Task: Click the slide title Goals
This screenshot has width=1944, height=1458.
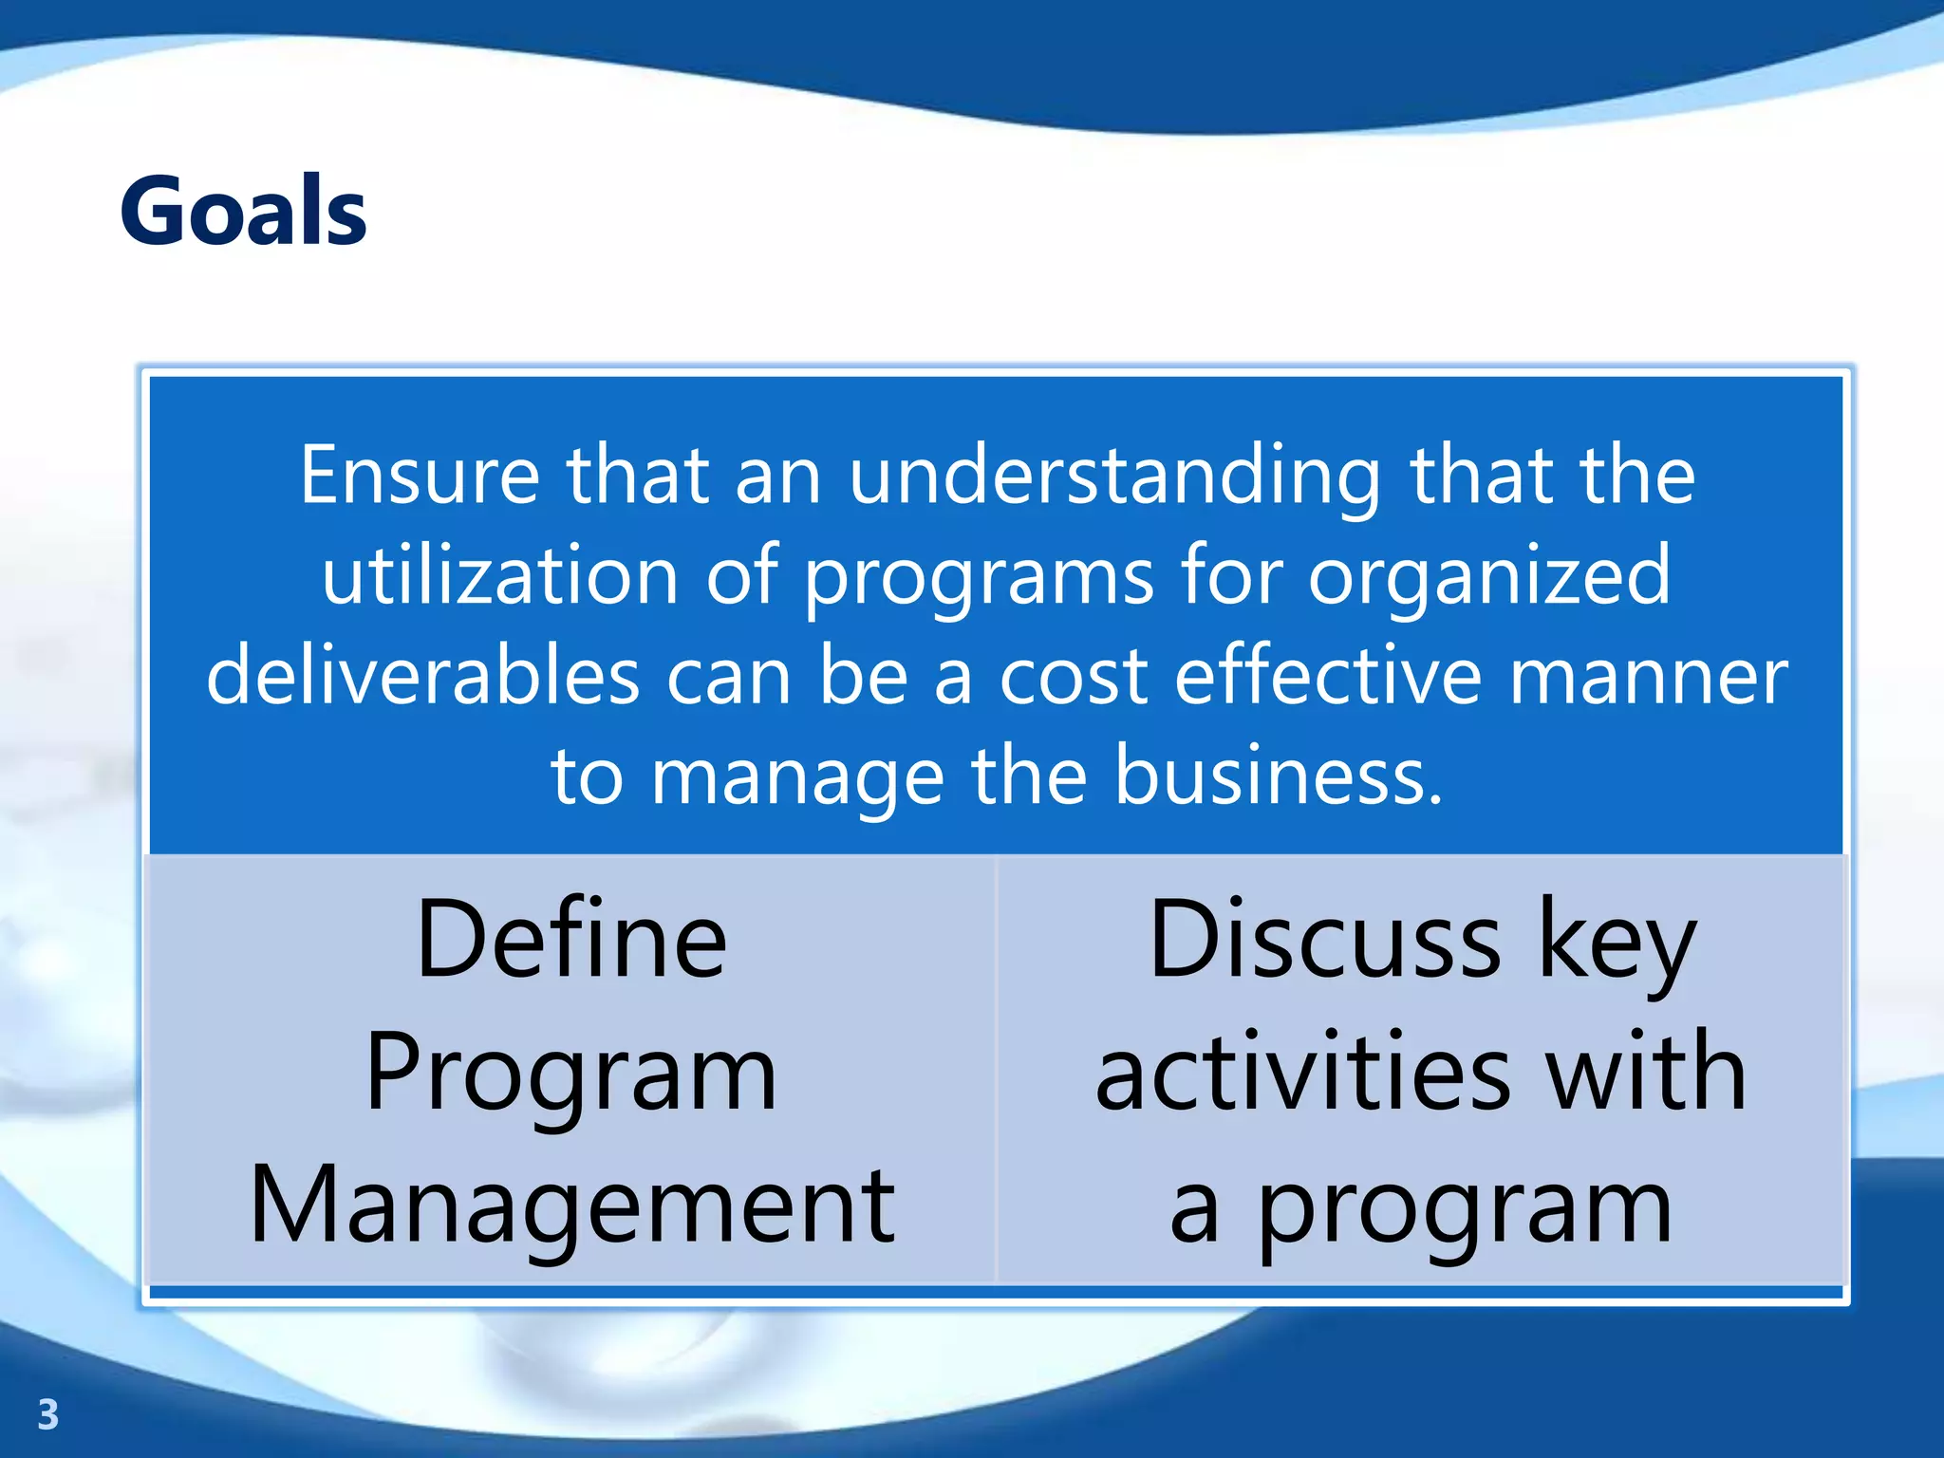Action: point(243,211)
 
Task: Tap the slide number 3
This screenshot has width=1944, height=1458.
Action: point(47,1414)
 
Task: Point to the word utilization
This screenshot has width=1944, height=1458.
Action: point(499,575)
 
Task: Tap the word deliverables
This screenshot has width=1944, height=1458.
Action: point(422,676)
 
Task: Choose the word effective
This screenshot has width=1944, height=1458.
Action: point(1327,676)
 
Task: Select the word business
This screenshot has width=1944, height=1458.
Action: point(1278,776)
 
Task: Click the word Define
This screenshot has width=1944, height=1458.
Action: point(571,940)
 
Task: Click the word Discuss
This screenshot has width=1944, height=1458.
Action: point(1324,940)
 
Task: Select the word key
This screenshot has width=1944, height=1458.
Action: point(1616,945)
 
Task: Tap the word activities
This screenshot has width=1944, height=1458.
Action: point(1302,1073)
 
